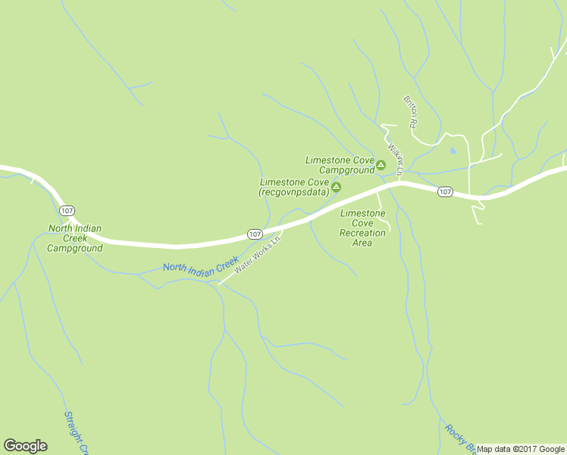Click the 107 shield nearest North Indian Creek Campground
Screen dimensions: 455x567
(x=67, y=210)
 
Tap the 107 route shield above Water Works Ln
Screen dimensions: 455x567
(x=255, y=234)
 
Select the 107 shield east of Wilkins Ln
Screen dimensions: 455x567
(x=445, y=192)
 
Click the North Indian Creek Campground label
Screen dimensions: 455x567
(x=75, y=238)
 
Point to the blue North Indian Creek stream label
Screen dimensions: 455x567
(x=201, y=267)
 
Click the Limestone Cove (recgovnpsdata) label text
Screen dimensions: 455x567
(x=293, y=187)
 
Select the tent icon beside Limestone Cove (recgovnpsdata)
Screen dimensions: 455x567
(x=336, y=187)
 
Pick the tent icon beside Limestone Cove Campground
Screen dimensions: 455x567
(x=381, y=165)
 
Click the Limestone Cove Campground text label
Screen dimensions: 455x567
(x=340, y=165)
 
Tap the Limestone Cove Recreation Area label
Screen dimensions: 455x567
(x=362, y=228)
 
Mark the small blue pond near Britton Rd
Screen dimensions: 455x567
(x=453, y=151)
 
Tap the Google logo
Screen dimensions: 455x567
(x=25, y=446)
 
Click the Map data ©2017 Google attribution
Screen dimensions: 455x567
(x=521, y=449)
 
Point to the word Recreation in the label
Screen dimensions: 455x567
(x=362, y=233)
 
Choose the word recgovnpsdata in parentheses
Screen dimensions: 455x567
(x=293, y=193)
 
